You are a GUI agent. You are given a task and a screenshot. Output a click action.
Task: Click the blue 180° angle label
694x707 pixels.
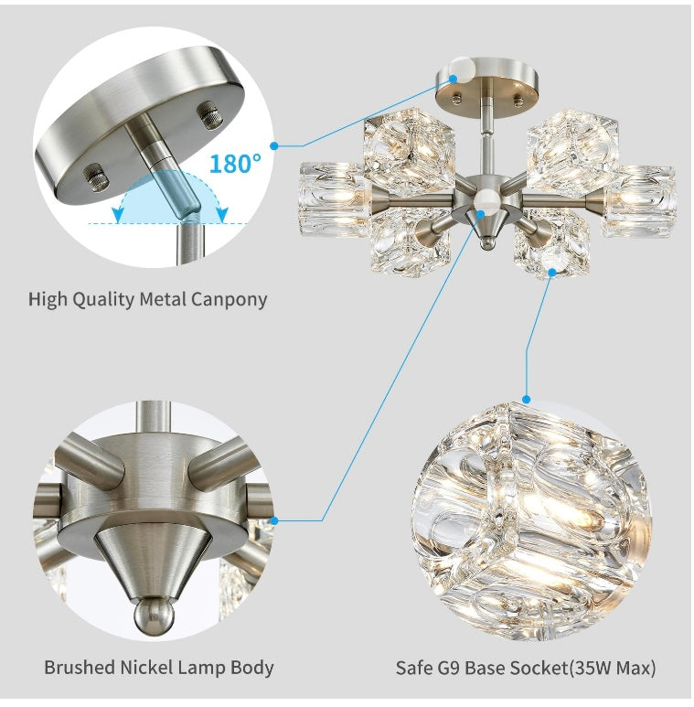[235, 164]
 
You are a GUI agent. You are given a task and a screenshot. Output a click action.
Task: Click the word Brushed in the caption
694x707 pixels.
[80, 667]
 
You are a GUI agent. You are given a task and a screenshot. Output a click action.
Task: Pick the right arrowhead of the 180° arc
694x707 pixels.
[222, 216]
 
